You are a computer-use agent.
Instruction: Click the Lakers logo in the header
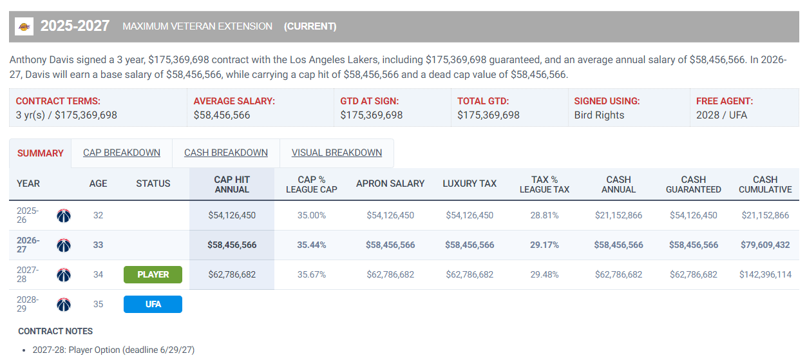(24, 26)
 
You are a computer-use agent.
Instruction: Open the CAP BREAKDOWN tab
(122, 153)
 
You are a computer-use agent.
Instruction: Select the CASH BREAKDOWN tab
(226, 153)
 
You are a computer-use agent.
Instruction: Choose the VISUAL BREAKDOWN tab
(336, 153)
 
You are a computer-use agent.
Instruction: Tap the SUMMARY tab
(41, 153)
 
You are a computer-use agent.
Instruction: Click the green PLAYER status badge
(153, 274)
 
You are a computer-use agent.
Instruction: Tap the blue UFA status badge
(153, 304)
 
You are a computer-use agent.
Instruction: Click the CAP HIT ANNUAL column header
(232, 184)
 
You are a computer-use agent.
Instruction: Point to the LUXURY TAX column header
(470, 184)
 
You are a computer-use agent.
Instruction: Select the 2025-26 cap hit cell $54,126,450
(232, 216)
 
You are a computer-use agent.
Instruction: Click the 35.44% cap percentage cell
(312, 245)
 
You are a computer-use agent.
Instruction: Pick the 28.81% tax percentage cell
(544, 216)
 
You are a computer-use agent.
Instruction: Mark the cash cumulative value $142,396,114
(765, 274)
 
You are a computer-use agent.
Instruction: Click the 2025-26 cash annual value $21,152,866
(618, 216)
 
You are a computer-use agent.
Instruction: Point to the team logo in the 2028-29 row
(64, 305)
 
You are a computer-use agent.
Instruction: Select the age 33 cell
(98, 245)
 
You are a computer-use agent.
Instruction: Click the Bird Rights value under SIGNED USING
(599, 115)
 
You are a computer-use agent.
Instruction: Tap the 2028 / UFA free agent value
(721, 115)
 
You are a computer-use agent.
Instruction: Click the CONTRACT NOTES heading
(55, 331)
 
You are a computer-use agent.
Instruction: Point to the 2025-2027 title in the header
(75, 26)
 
